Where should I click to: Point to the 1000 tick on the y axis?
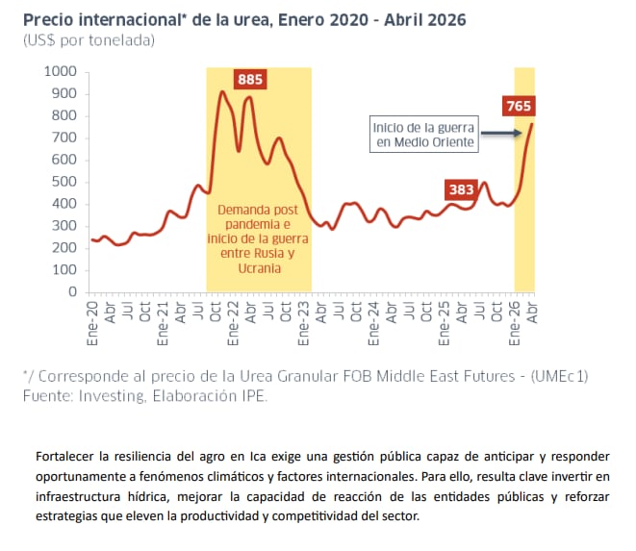coord(60,72)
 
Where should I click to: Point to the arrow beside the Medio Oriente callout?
coord(501,132)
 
